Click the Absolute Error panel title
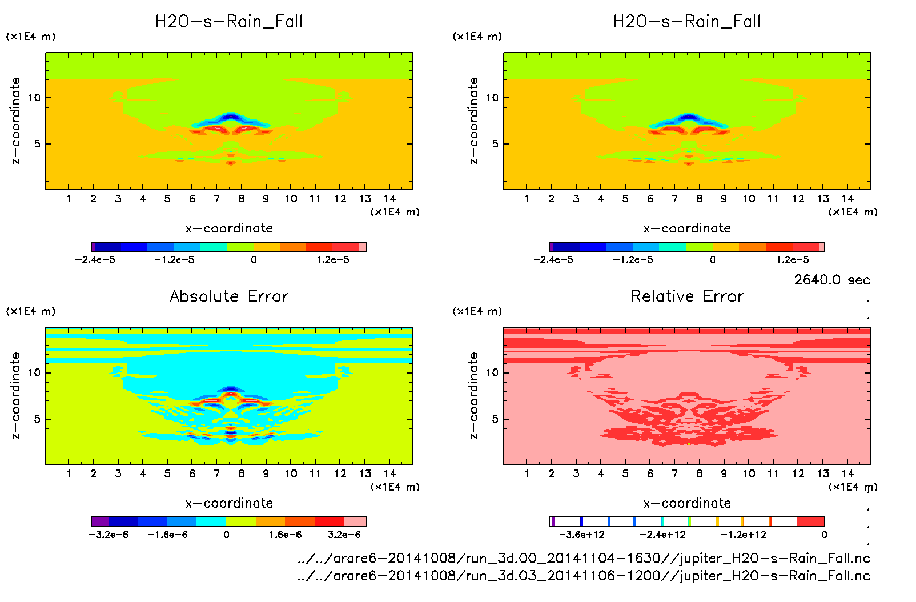(229, 296)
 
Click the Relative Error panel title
(687, 296)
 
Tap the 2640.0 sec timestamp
(831, 280)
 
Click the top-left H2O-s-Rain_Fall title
(229, 22)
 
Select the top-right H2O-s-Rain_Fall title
(687, 22)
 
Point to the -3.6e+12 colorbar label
(581, 535)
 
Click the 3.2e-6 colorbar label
(344, 535)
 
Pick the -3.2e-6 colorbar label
(109, 535)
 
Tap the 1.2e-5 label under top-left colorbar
(333, 259)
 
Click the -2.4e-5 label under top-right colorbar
(553, 259)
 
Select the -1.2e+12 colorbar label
(743, 535)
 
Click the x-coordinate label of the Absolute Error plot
(229, 503)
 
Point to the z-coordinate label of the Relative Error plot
(473, 395)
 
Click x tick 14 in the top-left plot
(389, 199)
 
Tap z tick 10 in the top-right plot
(492, 98)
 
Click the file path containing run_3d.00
(584, 558)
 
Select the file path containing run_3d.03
(584, 575)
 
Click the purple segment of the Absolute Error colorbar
(100, 521)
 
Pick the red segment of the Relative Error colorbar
(810, 521)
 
